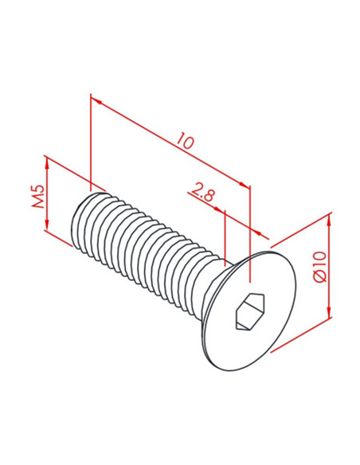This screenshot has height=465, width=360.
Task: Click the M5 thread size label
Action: pyautogui.click(x=38, y=197)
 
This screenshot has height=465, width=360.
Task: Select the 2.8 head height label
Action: pyautogui.click(x=202, y=194)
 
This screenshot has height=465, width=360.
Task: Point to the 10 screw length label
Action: pyautogui.click(x=185, y=141)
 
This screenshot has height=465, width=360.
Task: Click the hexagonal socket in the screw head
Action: pyautogui.click(x=249, y=311)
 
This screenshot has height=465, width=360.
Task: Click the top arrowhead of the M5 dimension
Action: pyautogui.click(x=47, y=162)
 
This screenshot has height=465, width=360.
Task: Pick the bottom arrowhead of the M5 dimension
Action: pyautogui.click(x=47, y=225)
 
